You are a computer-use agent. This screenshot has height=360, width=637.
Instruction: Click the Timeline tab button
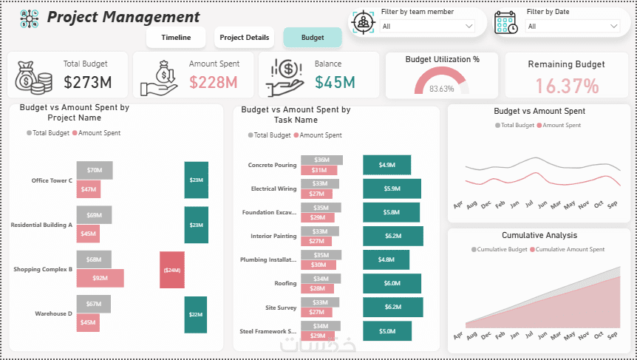click(176, 38)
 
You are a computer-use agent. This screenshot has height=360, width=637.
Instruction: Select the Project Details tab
click(245, 38)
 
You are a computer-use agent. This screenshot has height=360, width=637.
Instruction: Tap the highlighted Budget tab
click(313, 38)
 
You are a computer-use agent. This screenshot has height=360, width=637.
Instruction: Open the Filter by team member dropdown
click(428, 27)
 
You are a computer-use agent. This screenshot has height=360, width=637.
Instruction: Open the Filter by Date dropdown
click(573, 27)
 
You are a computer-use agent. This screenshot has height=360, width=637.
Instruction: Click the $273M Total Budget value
click(87, 82)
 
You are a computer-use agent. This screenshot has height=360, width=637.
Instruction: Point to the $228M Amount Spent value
click(213, 82)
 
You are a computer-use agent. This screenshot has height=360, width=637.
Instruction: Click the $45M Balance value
click(335, 82)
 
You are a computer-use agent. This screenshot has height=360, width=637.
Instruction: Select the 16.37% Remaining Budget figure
click(567, 86)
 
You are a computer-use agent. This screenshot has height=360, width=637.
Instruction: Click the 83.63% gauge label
click(441, 89)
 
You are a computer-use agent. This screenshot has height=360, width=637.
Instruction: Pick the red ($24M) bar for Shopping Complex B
click(172, 270)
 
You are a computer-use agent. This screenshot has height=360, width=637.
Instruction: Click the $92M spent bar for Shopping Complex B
click(101, 278)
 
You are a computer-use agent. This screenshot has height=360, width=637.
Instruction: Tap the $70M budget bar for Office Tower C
click(95, 170)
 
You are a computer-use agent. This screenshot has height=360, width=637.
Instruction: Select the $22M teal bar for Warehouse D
click(196, 314)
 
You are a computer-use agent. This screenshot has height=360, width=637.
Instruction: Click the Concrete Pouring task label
click(272, 166)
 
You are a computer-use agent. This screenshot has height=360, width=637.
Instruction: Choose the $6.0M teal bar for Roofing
click(392, 283)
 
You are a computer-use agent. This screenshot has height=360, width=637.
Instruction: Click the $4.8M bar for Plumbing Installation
click(386, 259)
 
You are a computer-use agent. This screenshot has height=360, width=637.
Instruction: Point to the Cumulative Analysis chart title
click(539, 236)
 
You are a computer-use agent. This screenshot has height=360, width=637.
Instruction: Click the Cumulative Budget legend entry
click(499, 250)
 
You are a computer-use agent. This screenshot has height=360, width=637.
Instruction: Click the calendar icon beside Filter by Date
click(506, 22)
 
